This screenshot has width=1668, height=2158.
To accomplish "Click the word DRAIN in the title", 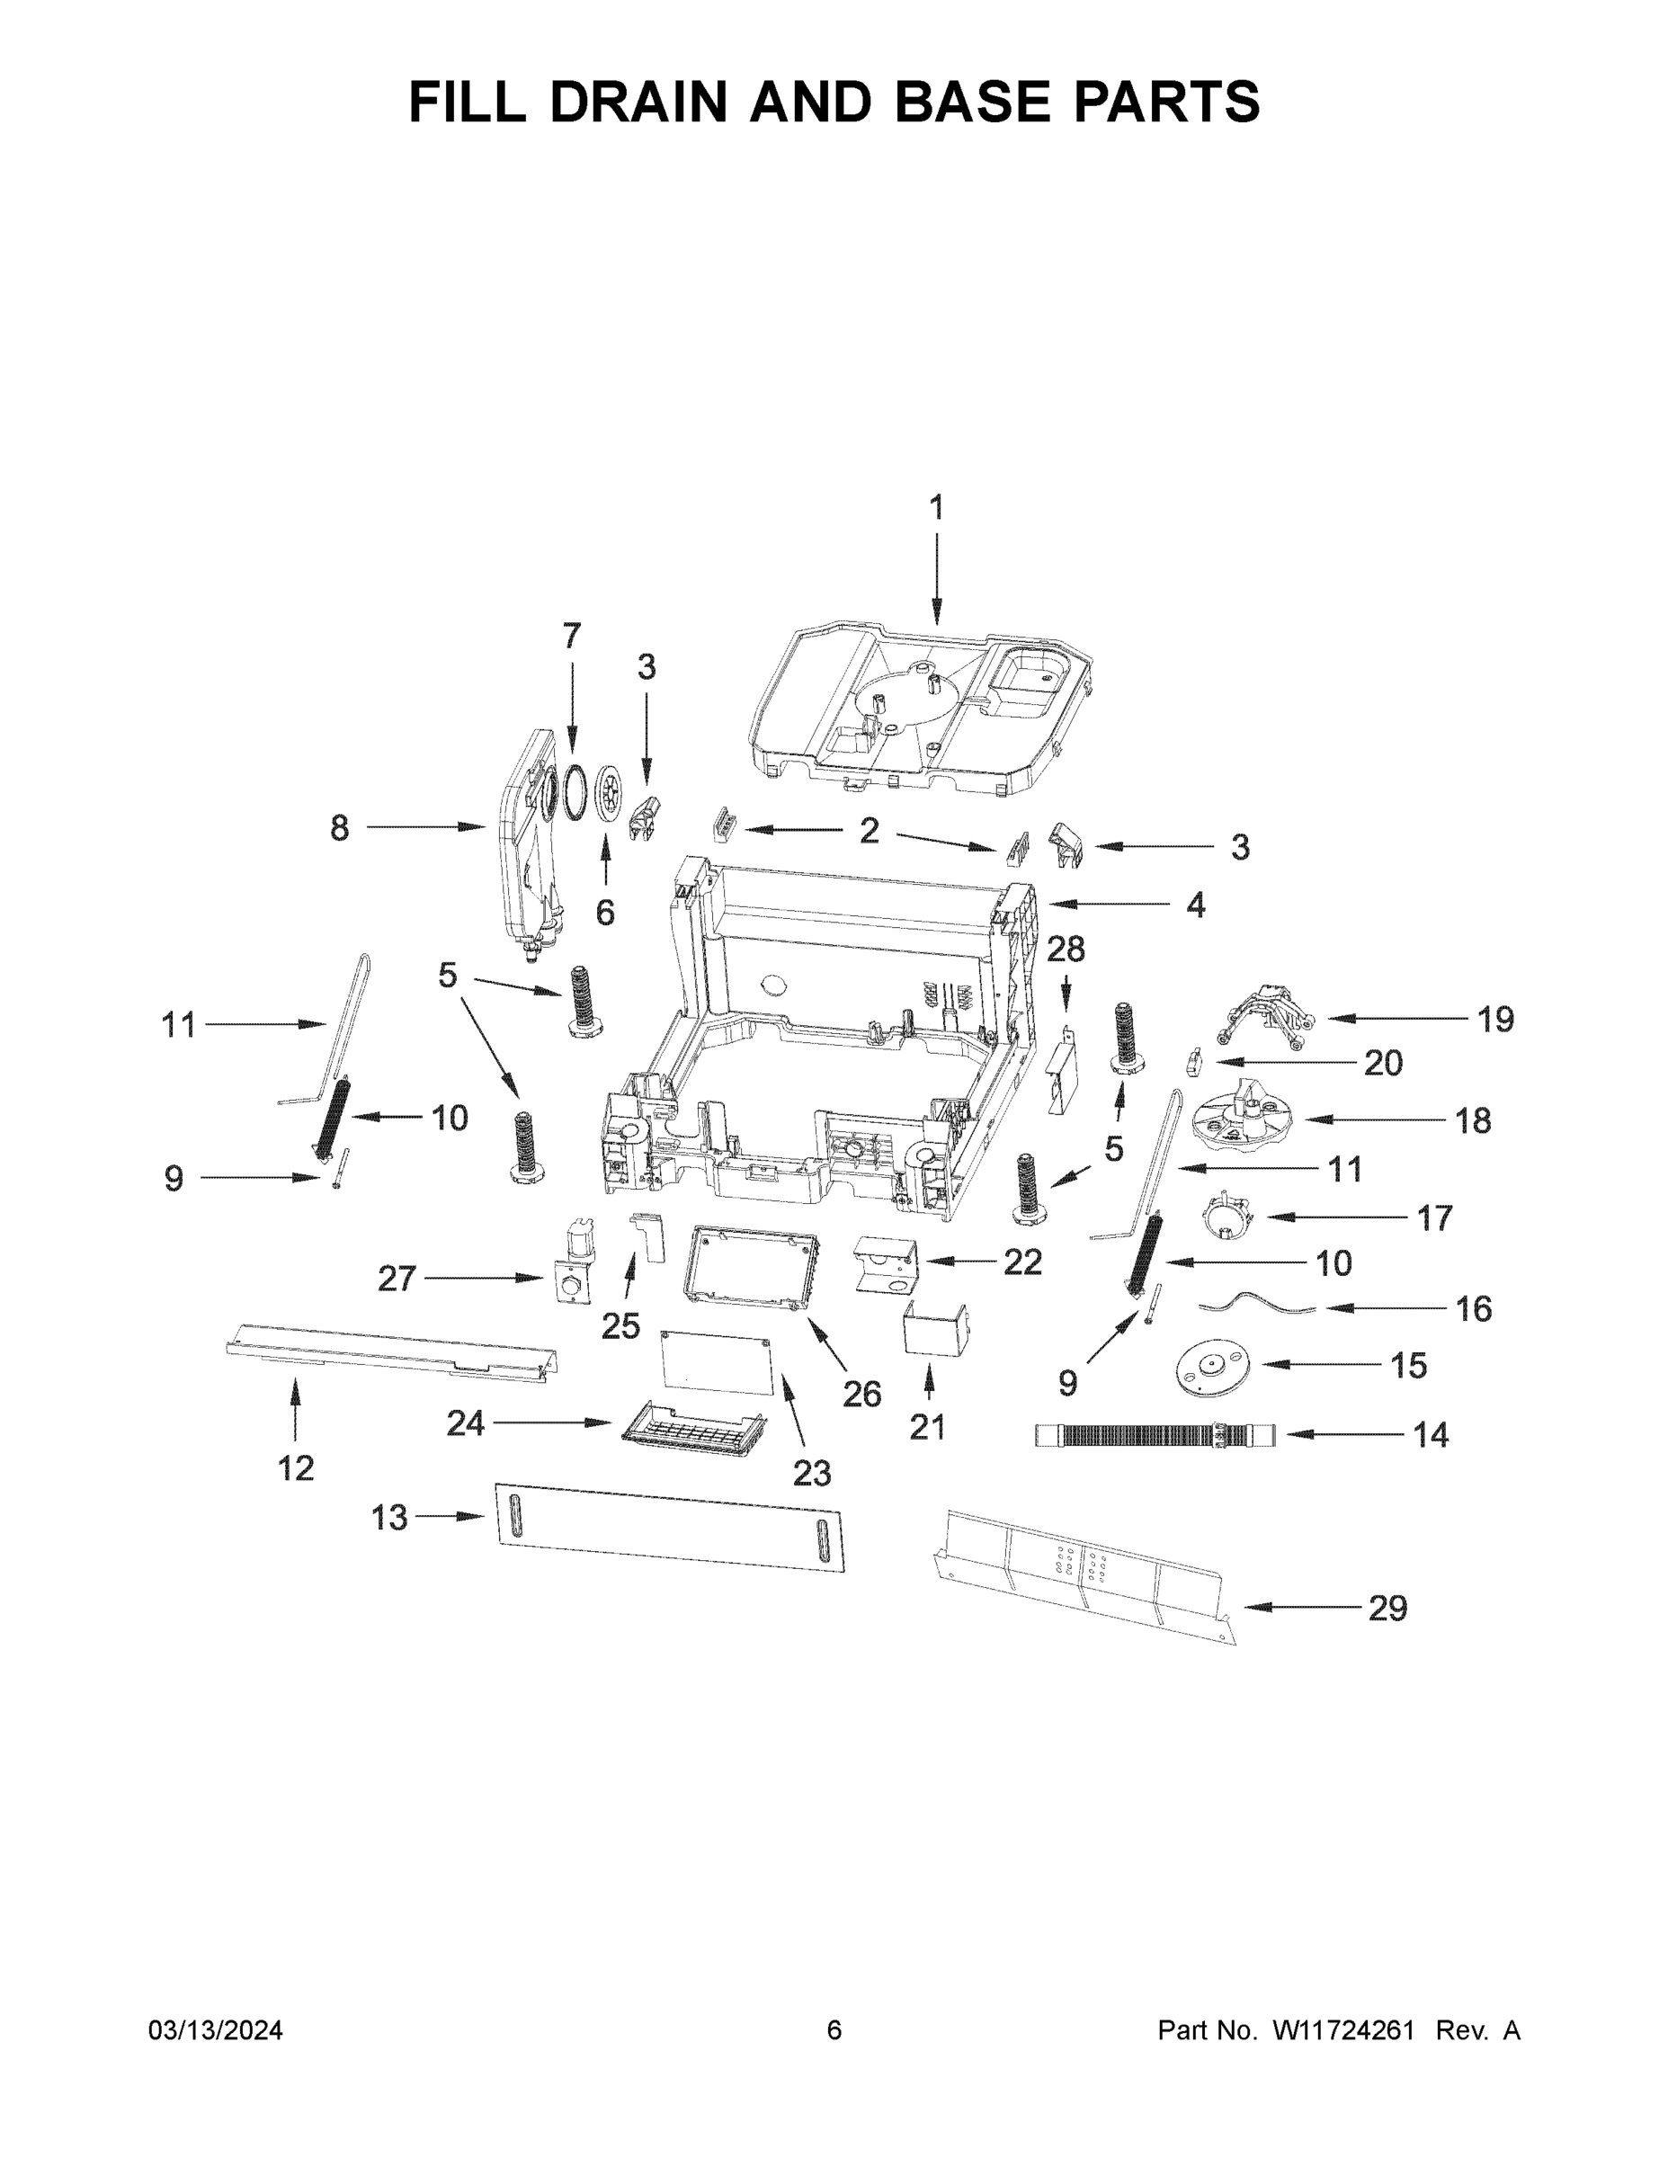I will pos(638,101).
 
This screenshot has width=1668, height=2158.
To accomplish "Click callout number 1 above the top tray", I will pos(935,508).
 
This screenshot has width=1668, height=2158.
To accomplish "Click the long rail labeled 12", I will pos(390,1352).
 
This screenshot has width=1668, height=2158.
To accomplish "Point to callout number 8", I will pos(339,828).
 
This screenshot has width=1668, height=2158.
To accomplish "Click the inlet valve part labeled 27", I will pos(572,1265).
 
